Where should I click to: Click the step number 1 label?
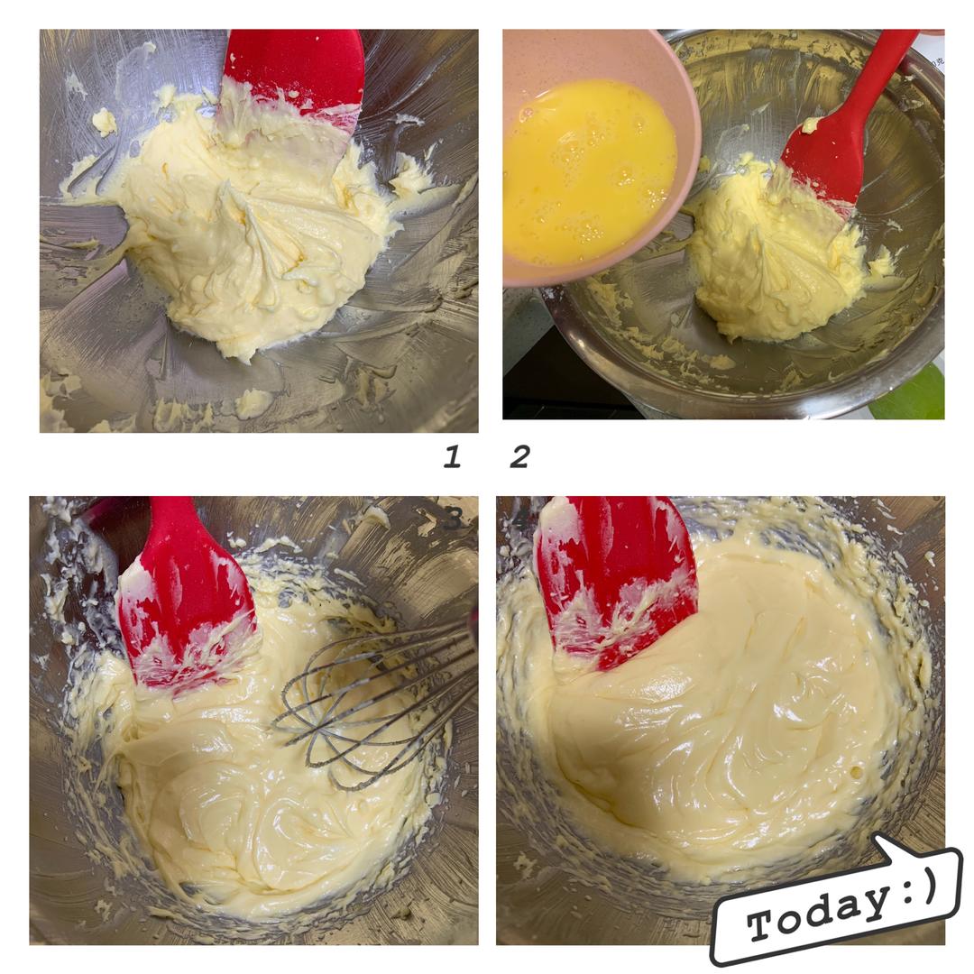tap(452, 456)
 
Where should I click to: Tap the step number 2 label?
tap(520, 456)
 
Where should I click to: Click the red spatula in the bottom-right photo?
tap(615, 578)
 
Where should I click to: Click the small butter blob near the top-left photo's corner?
tap(105, 122)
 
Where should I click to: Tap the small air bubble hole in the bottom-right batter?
tap(857, 772)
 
